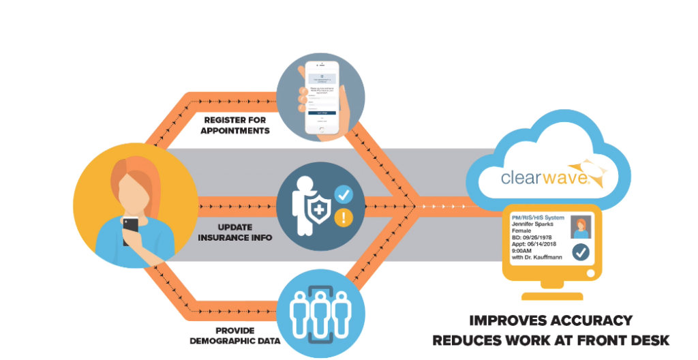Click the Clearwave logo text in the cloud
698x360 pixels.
pos(543,178)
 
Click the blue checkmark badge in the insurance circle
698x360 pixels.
pos(344,196)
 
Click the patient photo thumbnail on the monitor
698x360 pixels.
pos(581,228)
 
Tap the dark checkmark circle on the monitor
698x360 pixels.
pos(581,254)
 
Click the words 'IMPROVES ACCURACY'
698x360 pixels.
pos(551,320)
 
